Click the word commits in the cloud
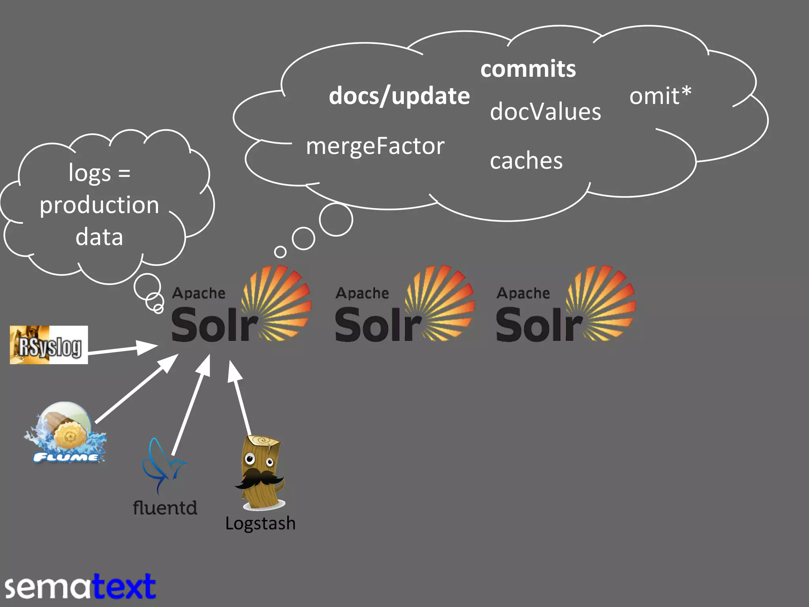(x=528, y=69)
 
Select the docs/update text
(x=399, y=96)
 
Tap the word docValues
(x=545, y=111)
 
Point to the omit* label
(x=660, y=96)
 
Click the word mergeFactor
(x=375, y=146)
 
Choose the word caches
(x=526, y=161)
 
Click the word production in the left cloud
(x=99, y=205)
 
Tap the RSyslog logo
(x=49, y=345)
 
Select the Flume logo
(x=65, y=433)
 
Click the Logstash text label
(x=260, y=523)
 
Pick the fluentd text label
(x=165, y=508)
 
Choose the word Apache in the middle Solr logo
(x=362, y=293)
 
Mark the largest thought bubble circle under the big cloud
(x=336, y=220)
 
